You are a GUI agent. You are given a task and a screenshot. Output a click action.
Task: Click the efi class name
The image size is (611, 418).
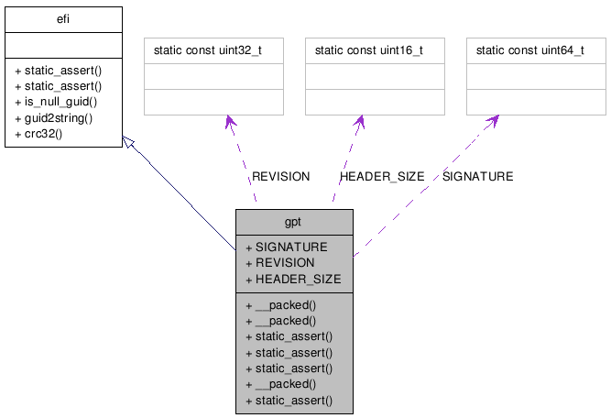tap(63, 17)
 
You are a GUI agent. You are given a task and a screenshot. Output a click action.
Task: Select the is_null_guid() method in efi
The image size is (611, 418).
tap(56, 102)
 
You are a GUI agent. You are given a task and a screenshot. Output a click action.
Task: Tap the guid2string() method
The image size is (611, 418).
tap(54, 118)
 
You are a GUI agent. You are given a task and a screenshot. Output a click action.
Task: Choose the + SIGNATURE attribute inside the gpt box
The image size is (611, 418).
tap(286, 247)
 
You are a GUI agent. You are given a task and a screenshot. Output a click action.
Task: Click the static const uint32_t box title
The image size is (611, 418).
tap(214, 49)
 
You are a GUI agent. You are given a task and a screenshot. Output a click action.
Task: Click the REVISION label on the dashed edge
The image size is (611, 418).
tap(281, 176)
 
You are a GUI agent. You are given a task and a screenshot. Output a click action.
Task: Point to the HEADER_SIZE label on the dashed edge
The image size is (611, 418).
tap(382, 176)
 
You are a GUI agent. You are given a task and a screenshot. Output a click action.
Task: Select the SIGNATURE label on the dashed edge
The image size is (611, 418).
tap(477, 176)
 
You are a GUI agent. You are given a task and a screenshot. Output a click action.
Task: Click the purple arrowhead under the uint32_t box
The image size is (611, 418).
tap(231, 124)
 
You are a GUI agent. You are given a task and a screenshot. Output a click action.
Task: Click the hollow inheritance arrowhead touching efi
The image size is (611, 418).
tap(129, 152)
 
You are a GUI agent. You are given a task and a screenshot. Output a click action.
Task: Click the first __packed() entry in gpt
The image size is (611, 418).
tap(280, 304)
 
